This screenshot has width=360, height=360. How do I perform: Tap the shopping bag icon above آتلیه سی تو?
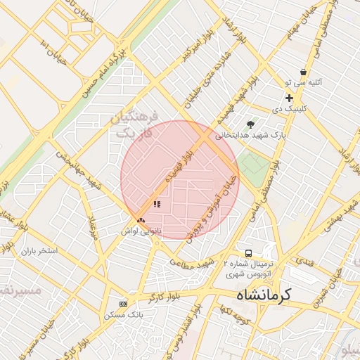(x=302, y=72)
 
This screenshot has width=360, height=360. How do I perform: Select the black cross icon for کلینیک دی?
(x=288, y=98)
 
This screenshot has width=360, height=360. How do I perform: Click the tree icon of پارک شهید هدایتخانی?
(x=250, y=124)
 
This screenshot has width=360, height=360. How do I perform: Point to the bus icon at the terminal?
(x=247, y=253)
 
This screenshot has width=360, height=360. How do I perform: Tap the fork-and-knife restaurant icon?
(x=157, y=204)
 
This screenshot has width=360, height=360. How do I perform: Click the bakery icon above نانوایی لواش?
(x=141, y=220)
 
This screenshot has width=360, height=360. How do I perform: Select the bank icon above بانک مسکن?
(x=124, y=304)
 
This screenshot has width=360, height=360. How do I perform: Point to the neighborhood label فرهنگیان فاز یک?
(x=136, y=124)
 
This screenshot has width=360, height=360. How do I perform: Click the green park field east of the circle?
(x=253, y=167)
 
